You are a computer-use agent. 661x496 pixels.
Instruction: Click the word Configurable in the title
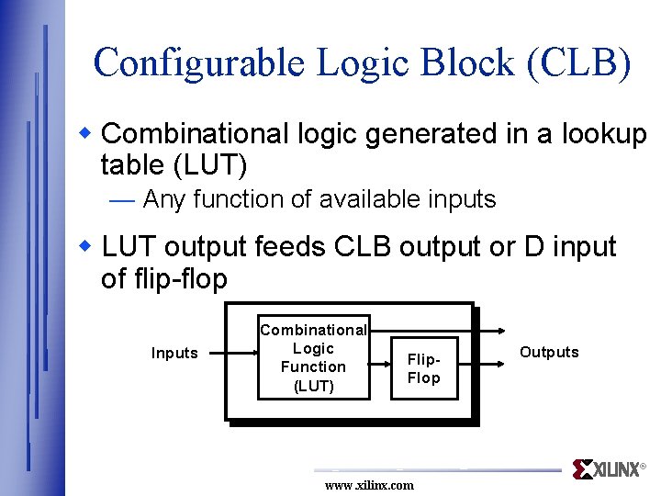coord(197,62)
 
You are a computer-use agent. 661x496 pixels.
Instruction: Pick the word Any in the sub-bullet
coord(165,199)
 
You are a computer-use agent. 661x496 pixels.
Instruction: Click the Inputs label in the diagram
coord(174,353)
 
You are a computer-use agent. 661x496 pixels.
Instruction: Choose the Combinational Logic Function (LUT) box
coord(313,358)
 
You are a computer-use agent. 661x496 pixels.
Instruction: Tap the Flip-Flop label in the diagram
coord(423,368)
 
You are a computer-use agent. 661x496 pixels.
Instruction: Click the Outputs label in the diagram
coord(549,352)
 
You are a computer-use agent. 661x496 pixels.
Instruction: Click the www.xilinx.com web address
coord(369,485)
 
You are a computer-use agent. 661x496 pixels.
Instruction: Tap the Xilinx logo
coord(607,469)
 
